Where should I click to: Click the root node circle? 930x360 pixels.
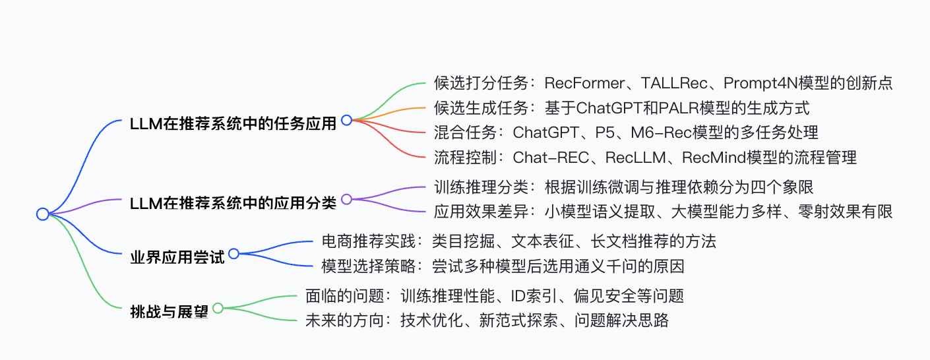(43, 214)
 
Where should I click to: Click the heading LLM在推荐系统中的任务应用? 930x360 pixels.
(233, 123)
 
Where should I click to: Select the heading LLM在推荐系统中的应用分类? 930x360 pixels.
(233, 202)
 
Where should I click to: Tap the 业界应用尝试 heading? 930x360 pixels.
(177, 256)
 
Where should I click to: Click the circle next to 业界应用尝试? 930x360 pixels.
(233, 253)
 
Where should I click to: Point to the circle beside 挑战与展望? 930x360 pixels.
(218, 307)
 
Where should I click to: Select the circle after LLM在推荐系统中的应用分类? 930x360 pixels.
(346, 198)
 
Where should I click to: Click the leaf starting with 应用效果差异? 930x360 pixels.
(663, 211)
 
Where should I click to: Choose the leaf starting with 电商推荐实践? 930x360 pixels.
(518, 241)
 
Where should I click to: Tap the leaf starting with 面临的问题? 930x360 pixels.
(494, 296)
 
